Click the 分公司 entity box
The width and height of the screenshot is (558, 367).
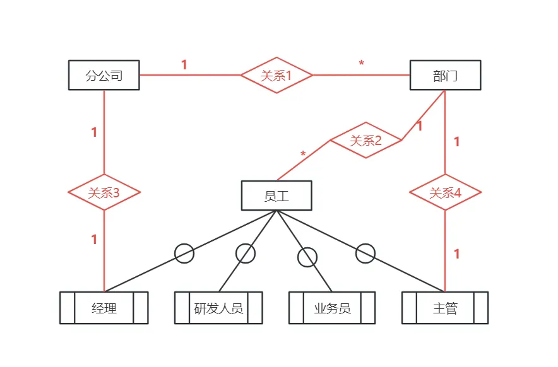(x=104, y=76)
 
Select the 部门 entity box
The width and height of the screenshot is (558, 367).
(x=445, y=76)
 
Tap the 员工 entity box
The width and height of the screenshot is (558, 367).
(x=276, y=195)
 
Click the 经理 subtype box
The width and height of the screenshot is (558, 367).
(x=104, y=308)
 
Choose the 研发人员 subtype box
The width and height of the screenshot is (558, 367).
(x=218, y=308)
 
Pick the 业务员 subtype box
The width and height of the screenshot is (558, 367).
(x=332, y=308)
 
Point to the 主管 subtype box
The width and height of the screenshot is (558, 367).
(x=445, y=308)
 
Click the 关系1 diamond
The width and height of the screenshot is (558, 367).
(x=276, y=75)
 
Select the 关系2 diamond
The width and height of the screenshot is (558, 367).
(x=366, y=140)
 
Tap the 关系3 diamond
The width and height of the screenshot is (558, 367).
(x=104, y=192)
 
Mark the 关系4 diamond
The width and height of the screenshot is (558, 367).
(x=446, y=192)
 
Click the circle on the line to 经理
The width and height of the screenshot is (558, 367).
(x=184, y=253)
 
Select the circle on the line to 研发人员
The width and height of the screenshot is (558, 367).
(x=246, y=253)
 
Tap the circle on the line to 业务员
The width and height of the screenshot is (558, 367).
(x=307, y=257)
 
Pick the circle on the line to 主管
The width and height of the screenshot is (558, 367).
(x=365, y=253)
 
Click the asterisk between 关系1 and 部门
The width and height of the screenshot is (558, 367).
(x=361, y=64)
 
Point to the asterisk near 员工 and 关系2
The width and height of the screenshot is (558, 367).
(x=303, y=154)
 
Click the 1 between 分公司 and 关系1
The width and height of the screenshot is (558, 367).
(x=184, y=65)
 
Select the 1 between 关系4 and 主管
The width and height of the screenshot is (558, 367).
(x=457, y=254)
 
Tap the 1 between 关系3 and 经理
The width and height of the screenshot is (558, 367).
(x=94, y=240)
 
